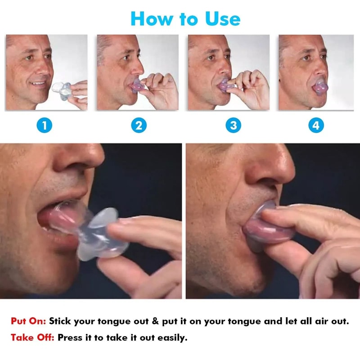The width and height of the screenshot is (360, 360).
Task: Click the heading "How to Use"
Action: click(x=185, y=18)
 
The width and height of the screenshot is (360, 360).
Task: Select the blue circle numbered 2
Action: click(x=139, y=125)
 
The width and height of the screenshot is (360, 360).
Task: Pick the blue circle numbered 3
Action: click(x=233, y=125)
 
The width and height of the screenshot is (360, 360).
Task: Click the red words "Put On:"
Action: click(x=28, y=321)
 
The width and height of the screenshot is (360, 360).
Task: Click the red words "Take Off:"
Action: click(x=32, y=337)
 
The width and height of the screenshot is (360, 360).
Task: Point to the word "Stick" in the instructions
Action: click(x=61, y=321)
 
